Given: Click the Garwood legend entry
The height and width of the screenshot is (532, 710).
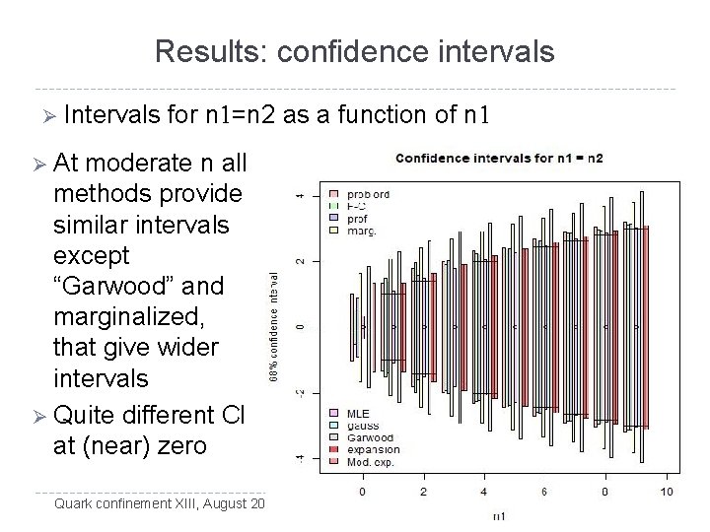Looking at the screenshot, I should (x=372, y=434).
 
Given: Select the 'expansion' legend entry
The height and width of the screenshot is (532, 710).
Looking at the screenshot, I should (x=376, y=447).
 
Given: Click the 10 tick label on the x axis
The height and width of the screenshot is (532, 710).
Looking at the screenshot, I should (x=667, y=491).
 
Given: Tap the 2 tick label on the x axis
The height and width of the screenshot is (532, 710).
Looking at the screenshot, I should (x=423, y=491).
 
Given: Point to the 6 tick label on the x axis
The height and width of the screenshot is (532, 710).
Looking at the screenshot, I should (x=544, y=491).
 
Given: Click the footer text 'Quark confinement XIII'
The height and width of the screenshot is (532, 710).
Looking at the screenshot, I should (x=125, y=506).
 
